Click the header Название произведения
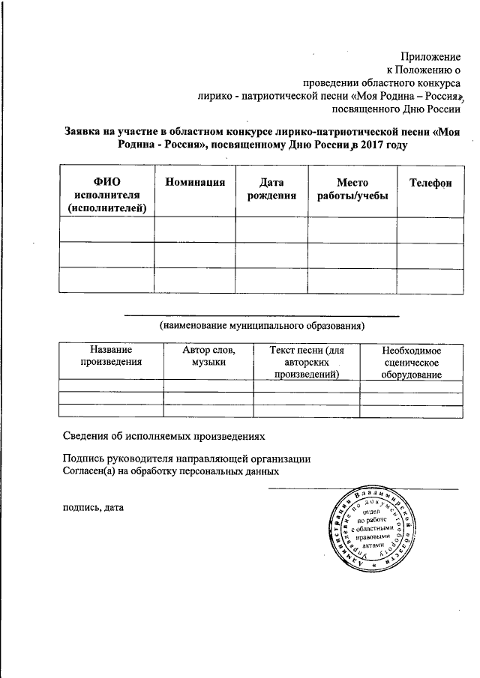pos(111,356)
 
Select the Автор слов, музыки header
pos(208,356)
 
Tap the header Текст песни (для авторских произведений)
pos(307,362)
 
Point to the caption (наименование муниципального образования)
pos(261,326)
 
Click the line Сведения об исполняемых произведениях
pos(163,435)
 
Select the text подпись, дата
pos(92,507)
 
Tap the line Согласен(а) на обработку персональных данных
pos(171,472)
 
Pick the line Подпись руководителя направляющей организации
pos(187,459)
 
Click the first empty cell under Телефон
pos(430,229)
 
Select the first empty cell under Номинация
pos(195,229)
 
